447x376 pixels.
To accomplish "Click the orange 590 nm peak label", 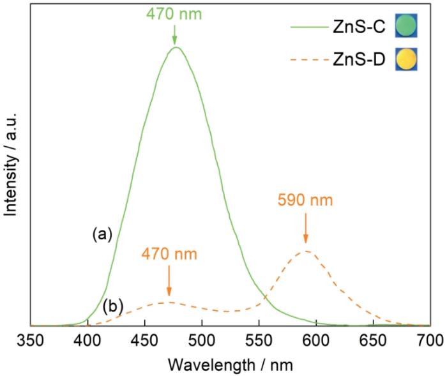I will tap(305, 200).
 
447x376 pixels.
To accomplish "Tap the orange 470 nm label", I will tap(169, 253).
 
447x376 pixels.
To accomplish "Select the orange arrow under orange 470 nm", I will tap(169, 280).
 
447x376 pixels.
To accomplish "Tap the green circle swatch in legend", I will tap(406, 27).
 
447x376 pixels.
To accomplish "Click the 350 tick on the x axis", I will tap(31, 338).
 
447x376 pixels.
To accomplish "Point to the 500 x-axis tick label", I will tap(202, 338).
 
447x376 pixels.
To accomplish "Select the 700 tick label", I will tap(429, 338).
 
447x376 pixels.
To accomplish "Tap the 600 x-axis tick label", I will tap(315, 338).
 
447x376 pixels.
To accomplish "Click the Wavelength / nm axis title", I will tap(230, 363).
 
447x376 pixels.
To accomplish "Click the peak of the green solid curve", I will tap(176, 47).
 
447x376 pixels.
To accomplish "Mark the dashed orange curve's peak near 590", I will tap(306, 250).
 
